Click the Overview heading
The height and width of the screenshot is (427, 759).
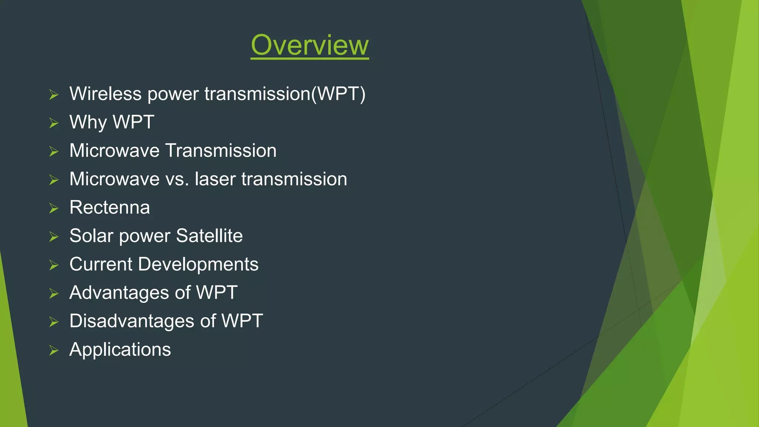[x=309, y=45]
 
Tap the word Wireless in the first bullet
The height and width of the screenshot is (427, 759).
[x=105, y=94]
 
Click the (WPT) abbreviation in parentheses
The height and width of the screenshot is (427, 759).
[x=338, y=94]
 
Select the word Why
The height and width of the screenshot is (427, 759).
[x=88, y=122]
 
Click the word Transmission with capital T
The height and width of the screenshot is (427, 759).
[x=221, y=151]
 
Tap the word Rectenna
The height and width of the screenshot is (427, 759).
[x=110, y=208]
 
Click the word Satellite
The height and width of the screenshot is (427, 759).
[x=209, y=236]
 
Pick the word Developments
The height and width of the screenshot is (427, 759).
[x=198, y=264]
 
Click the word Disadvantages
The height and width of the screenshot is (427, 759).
[x=132, y=321]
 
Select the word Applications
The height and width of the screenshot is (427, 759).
[x=120, y=350]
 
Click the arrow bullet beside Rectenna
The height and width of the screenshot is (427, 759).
[x=54, y=208]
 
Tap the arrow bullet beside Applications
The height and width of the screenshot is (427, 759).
[x=54, y=350]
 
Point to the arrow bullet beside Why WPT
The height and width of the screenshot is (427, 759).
[x=54, y=123]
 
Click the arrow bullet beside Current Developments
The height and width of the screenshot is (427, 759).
[x=54, y=265]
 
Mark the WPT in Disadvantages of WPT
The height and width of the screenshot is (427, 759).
[x=242, y=321]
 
